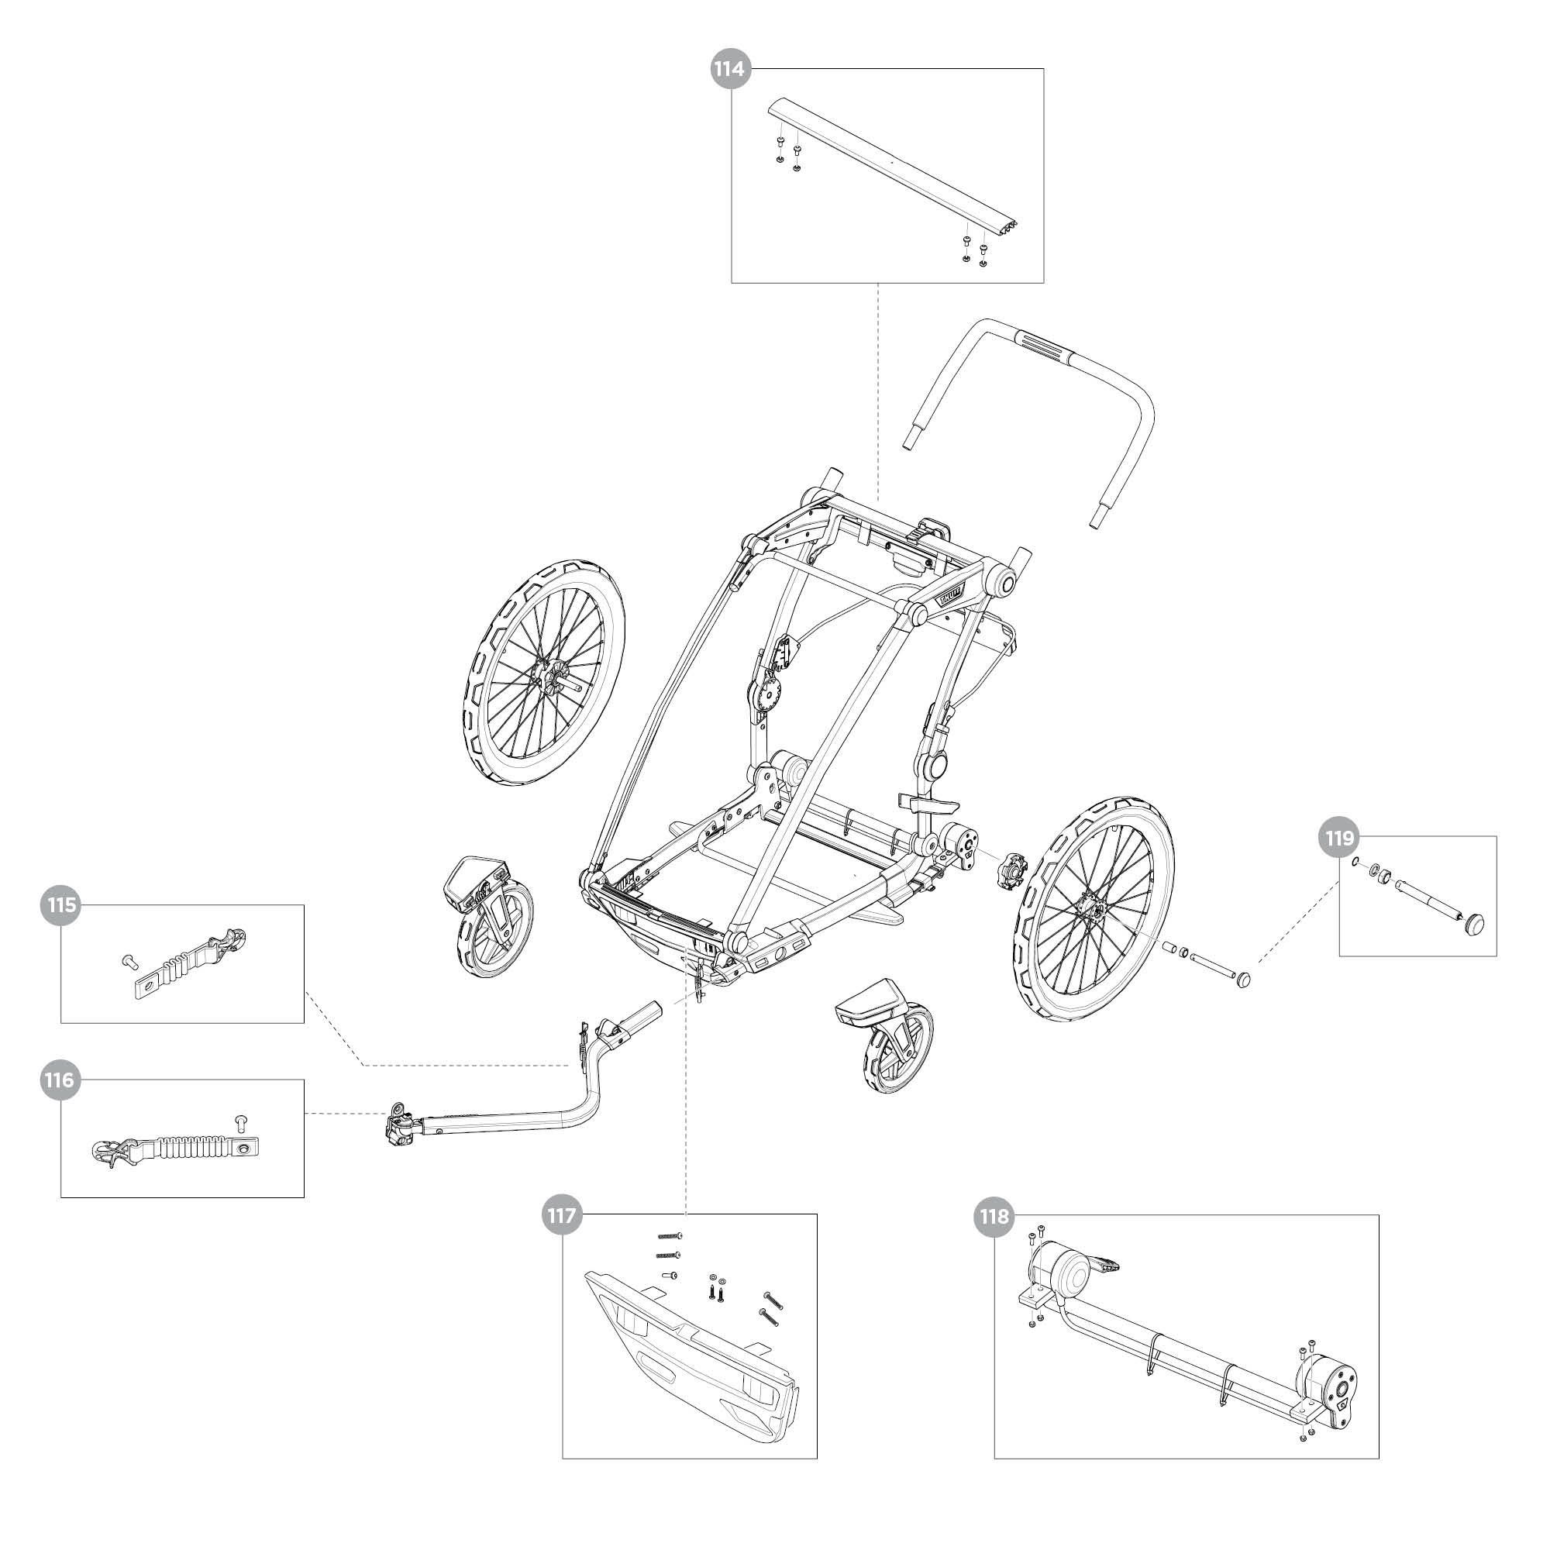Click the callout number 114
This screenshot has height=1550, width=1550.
(730, 69)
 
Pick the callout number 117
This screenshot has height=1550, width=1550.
(561, 1215)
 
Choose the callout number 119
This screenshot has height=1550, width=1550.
(1339, 839)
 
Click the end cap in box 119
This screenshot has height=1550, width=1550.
(1476, 924)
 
